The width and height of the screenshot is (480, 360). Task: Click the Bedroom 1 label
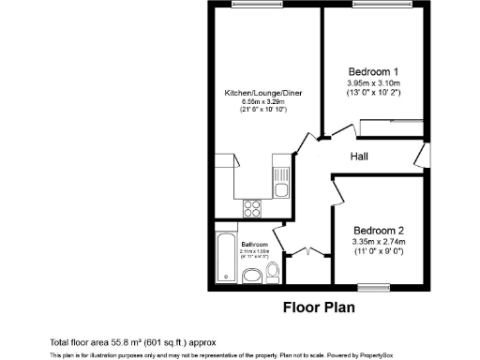(374, 71)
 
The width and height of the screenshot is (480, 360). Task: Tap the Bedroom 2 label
(379, 231)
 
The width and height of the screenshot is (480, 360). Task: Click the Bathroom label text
(254, 245)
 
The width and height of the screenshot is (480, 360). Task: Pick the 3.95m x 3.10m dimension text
(374, 83)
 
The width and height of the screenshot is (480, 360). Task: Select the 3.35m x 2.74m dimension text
(379, 243)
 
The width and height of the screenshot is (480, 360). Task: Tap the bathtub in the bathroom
(225, 259)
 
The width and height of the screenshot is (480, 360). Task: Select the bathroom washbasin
(250, 276)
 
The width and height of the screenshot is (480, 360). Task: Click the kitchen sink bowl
(280, 190)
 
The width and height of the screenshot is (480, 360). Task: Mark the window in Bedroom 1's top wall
(381, 7)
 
